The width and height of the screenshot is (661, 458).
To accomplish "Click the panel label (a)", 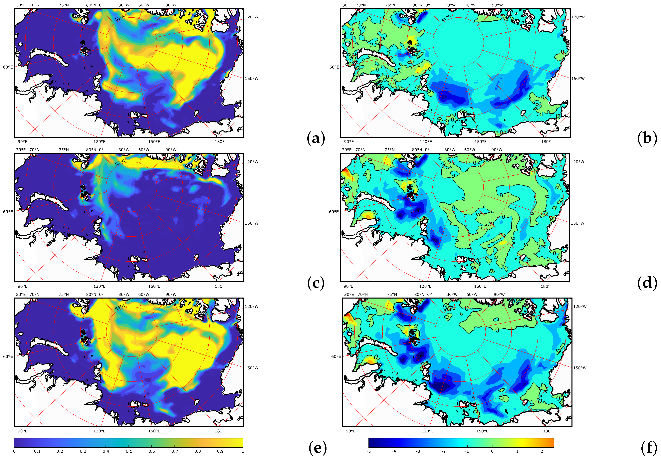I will coord(316,139).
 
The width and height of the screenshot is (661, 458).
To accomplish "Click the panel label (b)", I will coord(647,139).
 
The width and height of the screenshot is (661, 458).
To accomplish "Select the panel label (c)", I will coord(316,283).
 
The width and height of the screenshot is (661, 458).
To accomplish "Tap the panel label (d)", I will coord(647,283).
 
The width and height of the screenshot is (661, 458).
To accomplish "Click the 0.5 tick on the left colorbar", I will coord(129,451).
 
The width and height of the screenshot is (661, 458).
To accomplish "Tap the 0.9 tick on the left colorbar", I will coord(220,451).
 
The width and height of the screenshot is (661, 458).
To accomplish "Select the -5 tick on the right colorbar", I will coord(369,451).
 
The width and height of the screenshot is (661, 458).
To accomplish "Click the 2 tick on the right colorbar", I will coord(542,451).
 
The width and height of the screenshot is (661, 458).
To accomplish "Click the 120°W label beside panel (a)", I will coord(252,17).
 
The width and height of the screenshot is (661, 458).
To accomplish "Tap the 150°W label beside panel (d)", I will coord(577,223).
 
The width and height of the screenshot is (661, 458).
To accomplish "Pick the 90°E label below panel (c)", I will coord(23,286).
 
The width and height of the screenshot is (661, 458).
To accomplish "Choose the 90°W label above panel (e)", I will coord(171,294).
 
